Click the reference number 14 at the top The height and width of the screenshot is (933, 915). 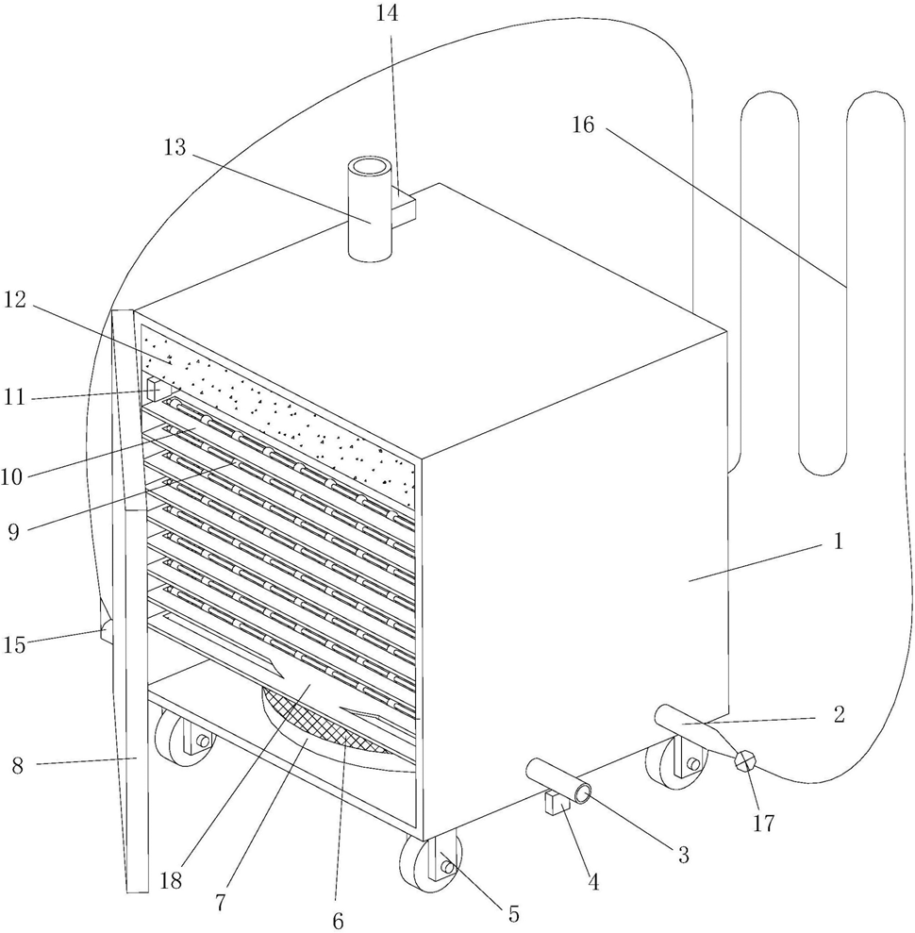[x=387, y=13]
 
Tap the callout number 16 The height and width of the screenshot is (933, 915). [x=583, y=125]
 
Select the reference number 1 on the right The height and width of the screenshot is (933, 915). [x=839, y=541]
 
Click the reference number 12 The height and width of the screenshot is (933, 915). [x=15, y=300]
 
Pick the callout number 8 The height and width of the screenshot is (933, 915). [x=18, y=765]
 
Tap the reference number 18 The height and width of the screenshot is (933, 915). [x=171, y=880]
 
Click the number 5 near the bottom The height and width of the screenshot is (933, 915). [x=513, y=913]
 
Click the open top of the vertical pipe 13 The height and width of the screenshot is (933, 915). [x=370, y=165]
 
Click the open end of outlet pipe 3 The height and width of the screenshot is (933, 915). [x=582, y=793]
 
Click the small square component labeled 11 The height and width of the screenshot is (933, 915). [x=154, y=390]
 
